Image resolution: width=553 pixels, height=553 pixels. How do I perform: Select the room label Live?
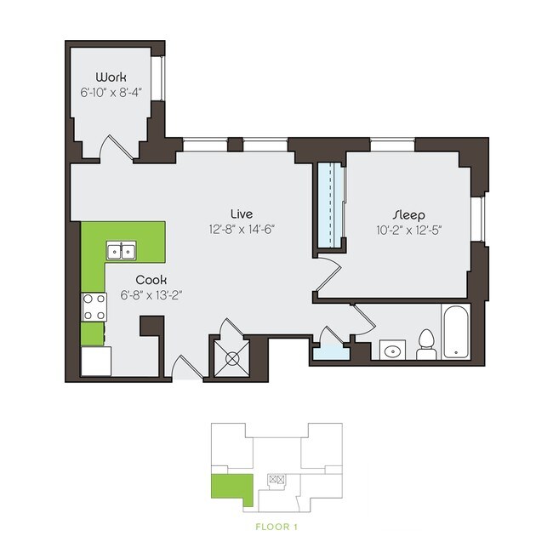pyautogui.click(x=242, y=212)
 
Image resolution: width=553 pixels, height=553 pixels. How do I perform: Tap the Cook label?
pyautogui.click(x=151, y=279)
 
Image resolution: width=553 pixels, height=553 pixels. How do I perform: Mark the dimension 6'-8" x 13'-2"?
pyautogui.click(x=151, y=295)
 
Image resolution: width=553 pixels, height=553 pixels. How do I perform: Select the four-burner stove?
pyautogui.click(x=93, y=307)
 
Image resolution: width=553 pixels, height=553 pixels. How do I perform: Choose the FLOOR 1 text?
pyautogui.click(x=276, y=527)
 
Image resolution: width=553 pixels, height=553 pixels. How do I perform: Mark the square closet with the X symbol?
pyautogui.click(x=230, y=357)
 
